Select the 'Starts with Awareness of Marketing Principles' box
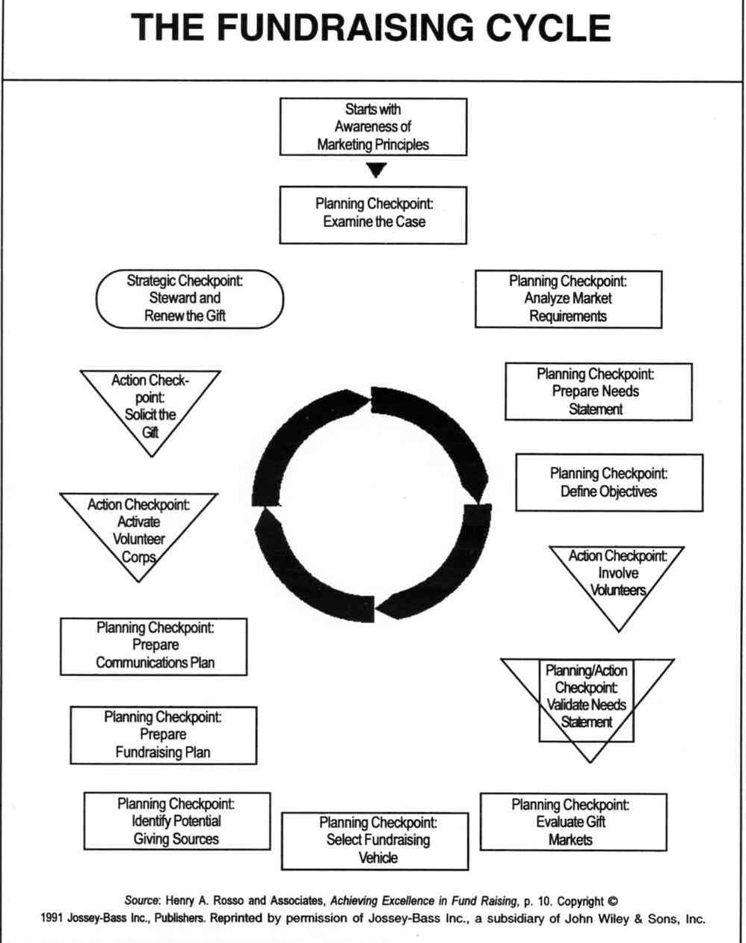pyautogui.click(x=373, y=126)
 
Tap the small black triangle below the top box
pyautogui.click(x=376, y=170)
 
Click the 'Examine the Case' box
pyautogui.click(x=373, y=215)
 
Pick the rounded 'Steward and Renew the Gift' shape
pyautogui.click(x=189, y=299)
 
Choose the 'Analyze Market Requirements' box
pyautogui.click(x=569, y=300)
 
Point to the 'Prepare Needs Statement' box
pyautogui.click(x=599, y=392)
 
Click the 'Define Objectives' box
pyautogui.click(x=609, y=483)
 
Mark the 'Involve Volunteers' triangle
pyautogui.click(x=617, y=578)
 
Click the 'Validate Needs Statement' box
pyautogui.click(x=587, y=700)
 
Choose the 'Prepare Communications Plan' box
pyautogui.click(x=153, y=646)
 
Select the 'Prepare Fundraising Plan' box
pyautogui.click(x=164, y=735)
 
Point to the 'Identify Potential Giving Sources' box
pyautogui.click(x=177, y=821)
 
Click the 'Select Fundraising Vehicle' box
pyautogui.click(x=374, y=841)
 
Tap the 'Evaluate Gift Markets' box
pyautogui.click(x=574, y=822)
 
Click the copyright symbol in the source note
pyautogui.click(x=613, y=901)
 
